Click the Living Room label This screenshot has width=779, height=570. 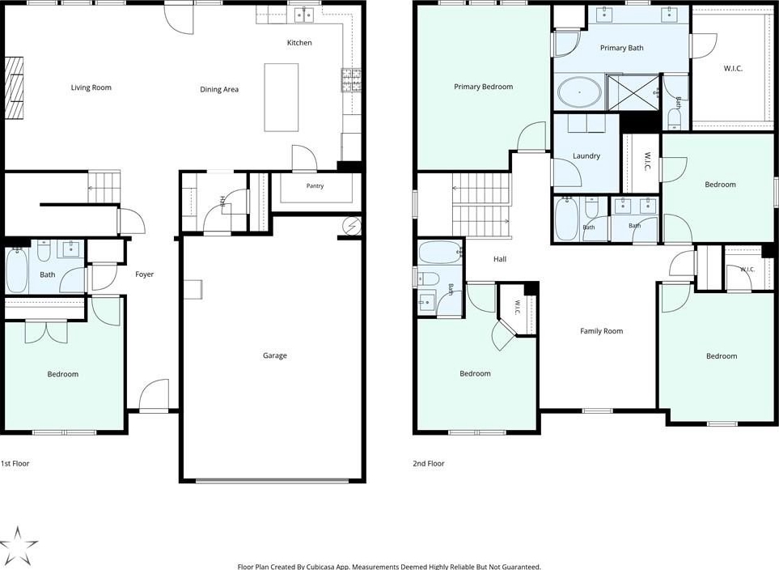click(91, 87)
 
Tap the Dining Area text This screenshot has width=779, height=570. click(219, 90)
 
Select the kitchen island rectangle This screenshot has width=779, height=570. click(282, 97)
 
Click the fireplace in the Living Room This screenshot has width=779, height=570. click(14, 88)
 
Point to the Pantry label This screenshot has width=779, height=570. click(315, 186)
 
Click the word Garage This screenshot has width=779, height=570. click(275, 355)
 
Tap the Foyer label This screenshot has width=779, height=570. click(145, 274)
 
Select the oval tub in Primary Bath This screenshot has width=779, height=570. click(579, 92)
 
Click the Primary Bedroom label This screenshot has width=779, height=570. click(484, 87)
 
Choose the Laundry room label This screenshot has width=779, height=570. click(586, 155)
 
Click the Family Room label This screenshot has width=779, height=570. click(601, 331)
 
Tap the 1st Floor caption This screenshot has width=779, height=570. click(15, 464)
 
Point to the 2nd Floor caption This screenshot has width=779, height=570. click(428, 464)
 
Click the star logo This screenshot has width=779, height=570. click(19, 546)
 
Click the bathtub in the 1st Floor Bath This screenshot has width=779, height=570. click(16, 270)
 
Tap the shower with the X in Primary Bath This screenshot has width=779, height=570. click(633, 92)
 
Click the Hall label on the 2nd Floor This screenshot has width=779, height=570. click(500, 259)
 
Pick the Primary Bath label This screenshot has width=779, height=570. click(621, 48)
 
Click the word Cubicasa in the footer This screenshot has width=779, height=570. click(320, 567)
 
